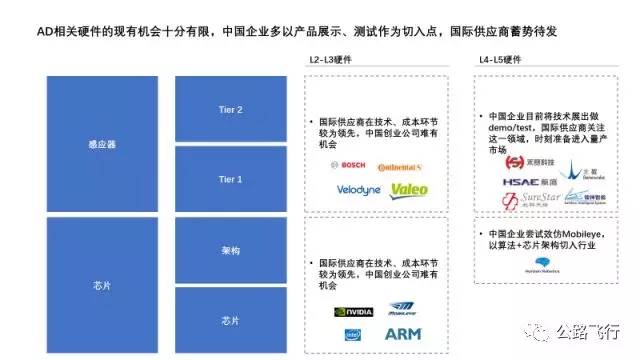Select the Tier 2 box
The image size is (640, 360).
tap(231, 109)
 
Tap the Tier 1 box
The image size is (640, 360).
tap(231, 179)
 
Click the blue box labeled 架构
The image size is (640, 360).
tap(231, 250)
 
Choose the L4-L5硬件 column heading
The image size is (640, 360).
tap(497, 61)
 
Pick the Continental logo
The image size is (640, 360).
tap(400, 165)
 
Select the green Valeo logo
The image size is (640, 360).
tap(409, 189)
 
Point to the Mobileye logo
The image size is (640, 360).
tap(403, 312)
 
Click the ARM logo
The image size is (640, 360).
tap(404, 335)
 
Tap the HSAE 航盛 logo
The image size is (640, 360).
tap(528, 183)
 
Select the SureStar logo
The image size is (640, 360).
tap(528, 204)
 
